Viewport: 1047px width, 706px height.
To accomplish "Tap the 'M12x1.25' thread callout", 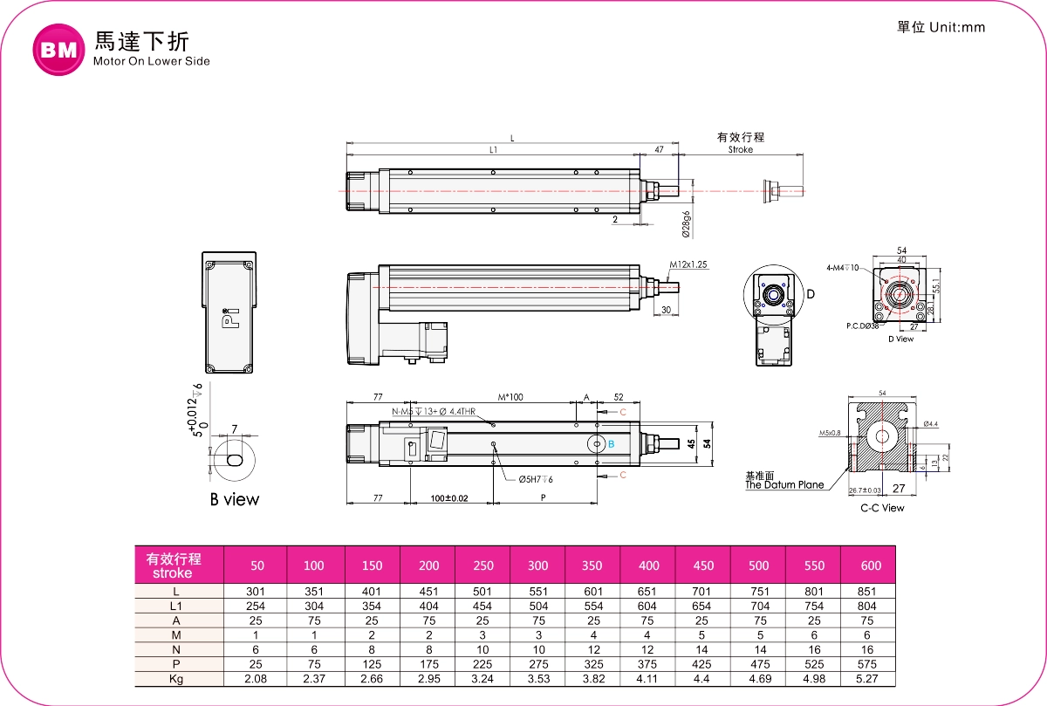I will click(689, 264).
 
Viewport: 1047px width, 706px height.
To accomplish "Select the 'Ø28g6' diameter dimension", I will click(687, 224).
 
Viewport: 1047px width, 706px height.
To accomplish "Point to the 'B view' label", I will click(234, 499).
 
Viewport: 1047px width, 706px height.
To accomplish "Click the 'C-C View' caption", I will click(882, 508).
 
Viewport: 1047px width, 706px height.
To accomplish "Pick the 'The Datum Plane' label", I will click(784, 485).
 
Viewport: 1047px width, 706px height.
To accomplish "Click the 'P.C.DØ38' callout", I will click(861, 326).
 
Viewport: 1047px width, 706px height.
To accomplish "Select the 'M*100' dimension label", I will click(510, 398).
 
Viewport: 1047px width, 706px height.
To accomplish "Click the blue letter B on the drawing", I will click(611, 444).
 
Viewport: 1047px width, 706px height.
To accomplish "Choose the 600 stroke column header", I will click(870, 565).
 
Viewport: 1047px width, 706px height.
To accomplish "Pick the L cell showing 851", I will click(870, 592).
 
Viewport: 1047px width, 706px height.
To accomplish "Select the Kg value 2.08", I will click(257, 678).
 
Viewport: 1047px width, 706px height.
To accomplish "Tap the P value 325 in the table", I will click(592, 664).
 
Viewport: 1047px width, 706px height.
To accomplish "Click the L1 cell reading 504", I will click(537, 606).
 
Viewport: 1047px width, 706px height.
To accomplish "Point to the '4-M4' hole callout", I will click(842, 268).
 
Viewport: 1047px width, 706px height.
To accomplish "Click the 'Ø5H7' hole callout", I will click(536, 479).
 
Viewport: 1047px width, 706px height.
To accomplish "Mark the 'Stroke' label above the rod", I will click(740, 149).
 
